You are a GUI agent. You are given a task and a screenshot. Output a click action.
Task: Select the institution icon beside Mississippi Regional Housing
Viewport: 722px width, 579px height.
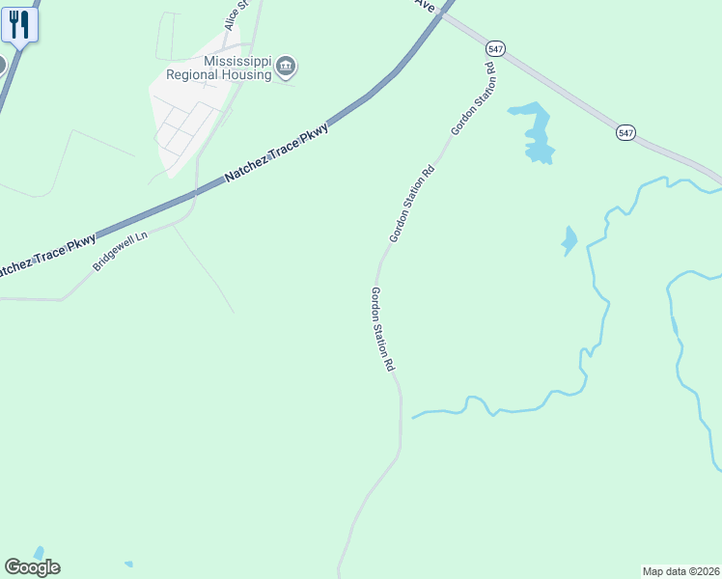[286, 66]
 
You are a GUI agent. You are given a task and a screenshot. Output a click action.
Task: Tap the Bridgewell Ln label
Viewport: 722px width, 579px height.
[121, 250]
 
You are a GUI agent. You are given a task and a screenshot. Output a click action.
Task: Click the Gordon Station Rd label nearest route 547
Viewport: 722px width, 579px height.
[472, 98]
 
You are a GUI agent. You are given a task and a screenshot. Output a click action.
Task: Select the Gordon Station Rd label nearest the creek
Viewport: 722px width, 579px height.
[383, 329]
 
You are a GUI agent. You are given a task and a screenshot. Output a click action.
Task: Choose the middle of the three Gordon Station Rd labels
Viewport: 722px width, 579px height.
[412, 205]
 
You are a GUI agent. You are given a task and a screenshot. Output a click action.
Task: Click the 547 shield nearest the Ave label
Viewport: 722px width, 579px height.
[495, 47]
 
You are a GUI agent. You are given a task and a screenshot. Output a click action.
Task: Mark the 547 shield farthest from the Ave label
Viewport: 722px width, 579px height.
[626, 132]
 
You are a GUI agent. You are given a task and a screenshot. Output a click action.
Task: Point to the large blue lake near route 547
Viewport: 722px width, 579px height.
[534, 132]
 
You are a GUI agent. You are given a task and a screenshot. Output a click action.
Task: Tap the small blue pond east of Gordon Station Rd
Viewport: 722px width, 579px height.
[569, 240]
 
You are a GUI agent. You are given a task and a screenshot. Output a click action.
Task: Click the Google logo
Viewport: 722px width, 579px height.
[32, 567]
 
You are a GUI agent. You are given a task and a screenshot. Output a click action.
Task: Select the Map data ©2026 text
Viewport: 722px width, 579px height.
[681, 571]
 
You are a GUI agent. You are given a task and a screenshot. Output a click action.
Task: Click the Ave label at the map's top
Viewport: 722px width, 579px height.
[426, 5]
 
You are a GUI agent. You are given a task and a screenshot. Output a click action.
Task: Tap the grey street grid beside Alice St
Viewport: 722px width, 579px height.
[188, 121]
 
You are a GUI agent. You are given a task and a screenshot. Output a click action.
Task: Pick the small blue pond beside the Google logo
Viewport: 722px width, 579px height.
[39, 553]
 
